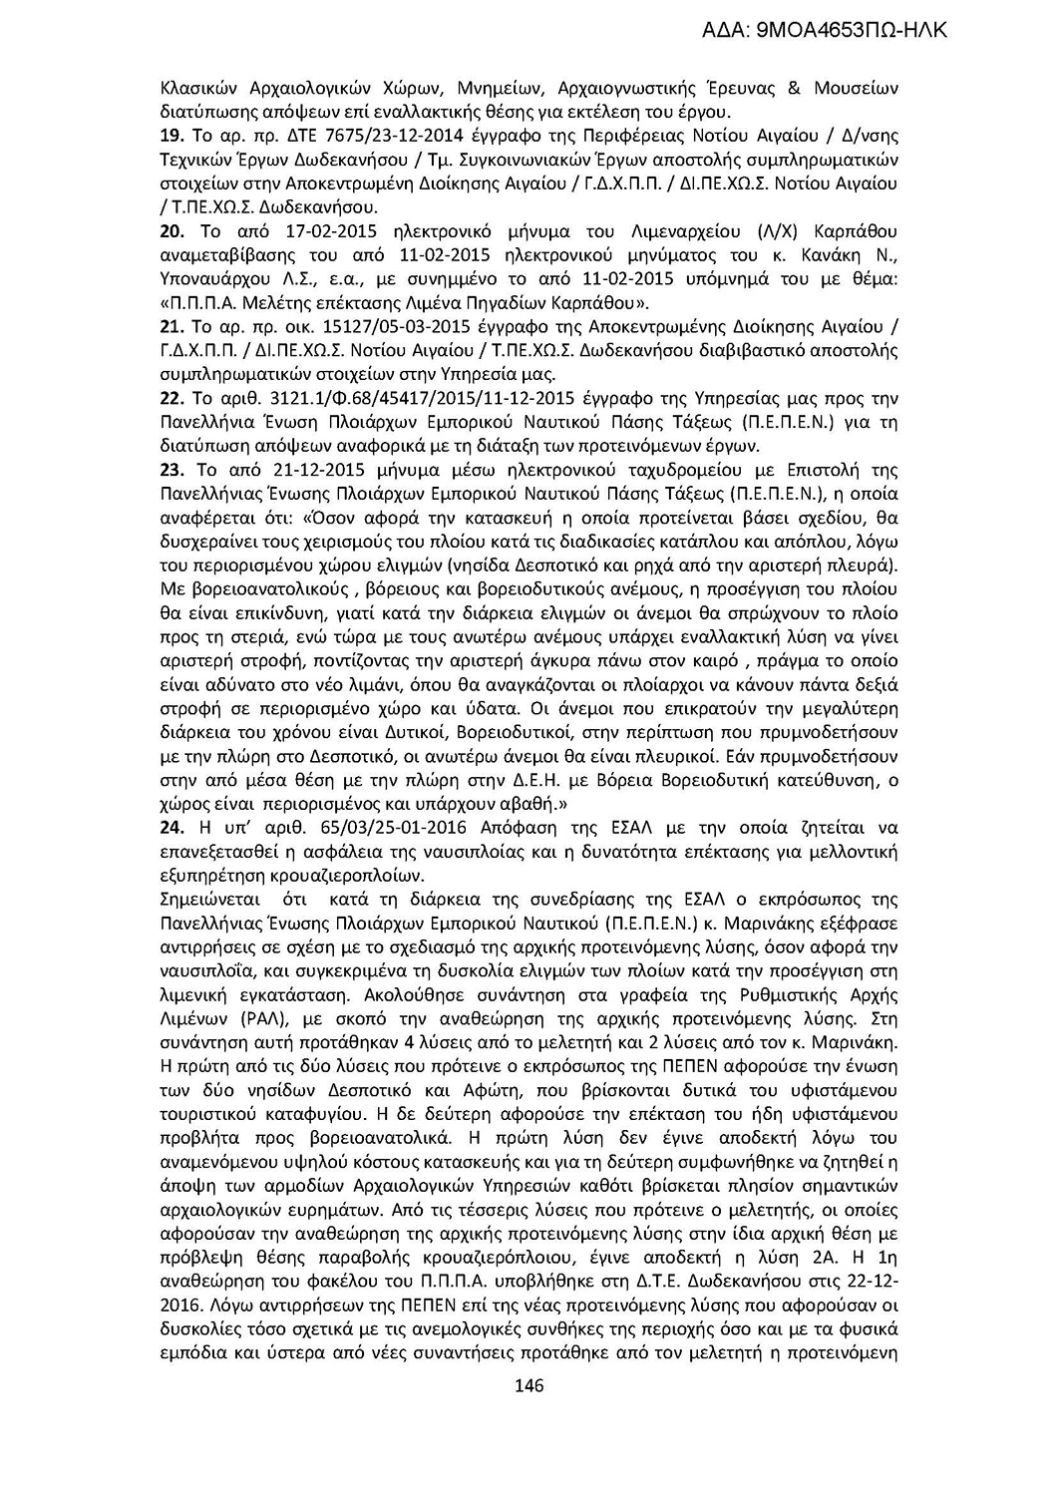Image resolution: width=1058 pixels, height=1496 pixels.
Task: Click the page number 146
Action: [x=529, y=1386]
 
